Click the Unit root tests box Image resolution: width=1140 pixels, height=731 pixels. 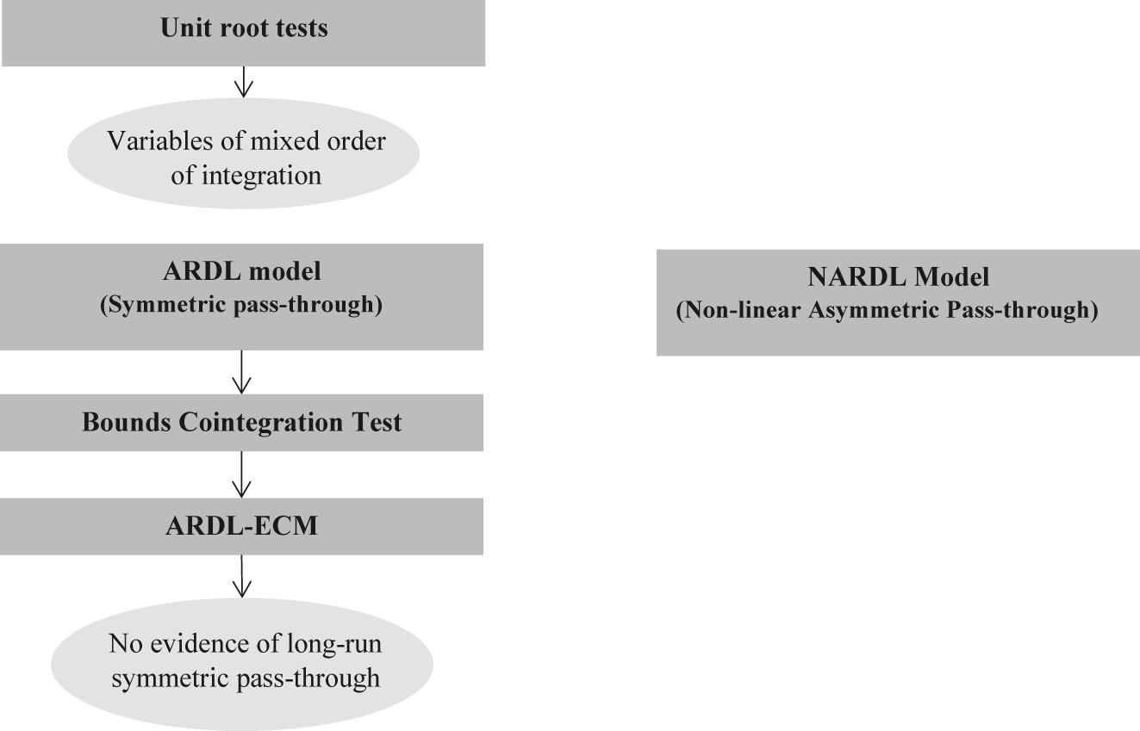(x=243, y=33)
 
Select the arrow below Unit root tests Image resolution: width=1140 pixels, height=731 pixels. (x=243, y=83)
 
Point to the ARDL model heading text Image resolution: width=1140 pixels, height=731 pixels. (x=242, y=271)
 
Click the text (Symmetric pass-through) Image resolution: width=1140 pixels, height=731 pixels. (x=242, y=305)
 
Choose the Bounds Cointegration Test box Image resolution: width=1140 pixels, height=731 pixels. (x=242, y=423)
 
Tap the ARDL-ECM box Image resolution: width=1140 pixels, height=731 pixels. (x=242, y=525)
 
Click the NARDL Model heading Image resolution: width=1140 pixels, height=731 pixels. (x=898, y=277)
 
